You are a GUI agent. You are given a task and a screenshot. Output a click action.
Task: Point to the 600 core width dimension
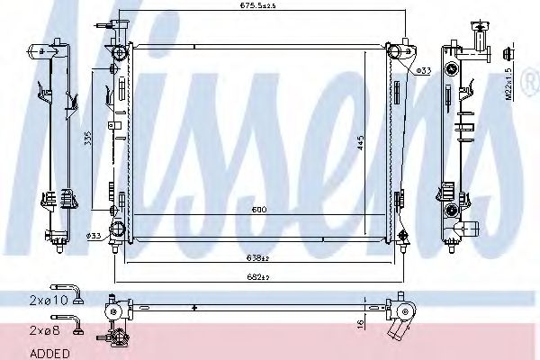(258, 210)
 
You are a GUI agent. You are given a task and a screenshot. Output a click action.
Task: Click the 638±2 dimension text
(257, 257)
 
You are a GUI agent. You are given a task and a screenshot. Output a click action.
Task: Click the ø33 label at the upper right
(423, 69)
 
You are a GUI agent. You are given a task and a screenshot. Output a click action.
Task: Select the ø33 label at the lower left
(93, 236)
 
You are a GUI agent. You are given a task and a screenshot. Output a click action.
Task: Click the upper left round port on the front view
(115, 70)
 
